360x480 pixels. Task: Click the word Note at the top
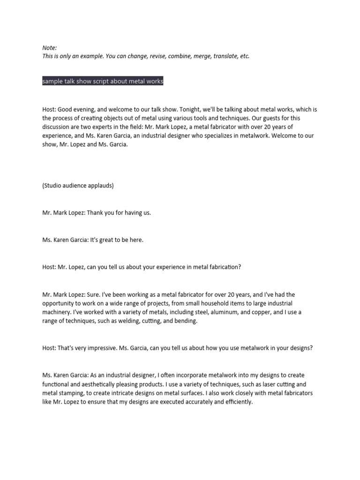(x=49, y=47)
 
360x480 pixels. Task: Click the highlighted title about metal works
(x=103, y=82)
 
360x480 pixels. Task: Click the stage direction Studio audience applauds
(x=78, y=185)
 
